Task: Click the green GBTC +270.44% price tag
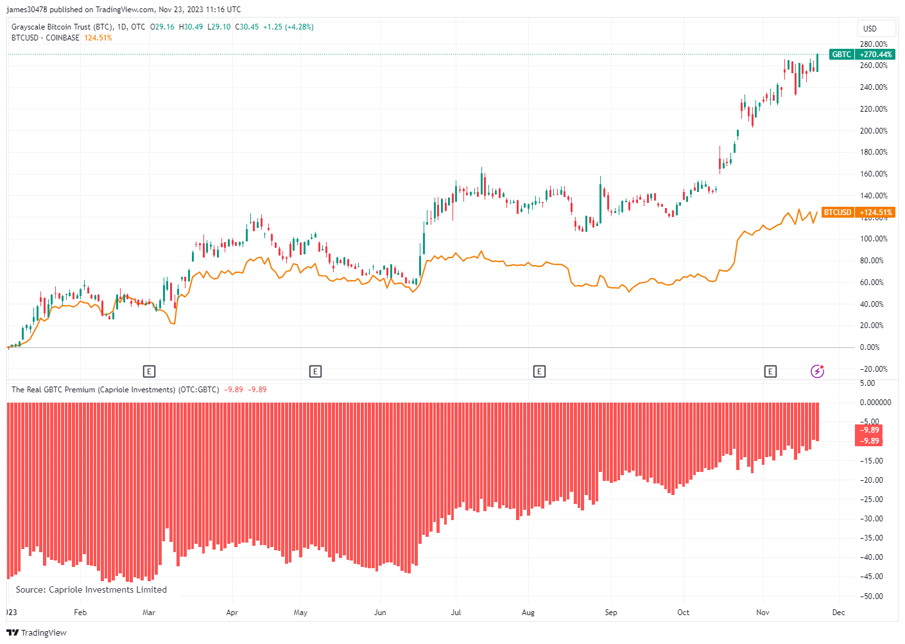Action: tap(861, 55)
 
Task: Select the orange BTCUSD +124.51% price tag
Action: tap(858, 213)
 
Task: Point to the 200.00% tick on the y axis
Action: tap(874, 131)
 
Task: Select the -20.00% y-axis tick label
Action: tap(873, 369)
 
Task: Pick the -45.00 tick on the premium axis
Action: tap(871, 577)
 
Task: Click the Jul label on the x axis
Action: tap(456, 613)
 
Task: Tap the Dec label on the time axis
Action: tap(838, 613)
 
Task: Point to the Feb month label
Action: tap(80, 613)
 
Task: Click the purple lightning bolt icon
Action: tap(817, 371)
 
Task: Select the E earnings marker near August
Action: tap(539, 371)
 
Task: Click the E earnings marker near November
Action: tap(770, 371)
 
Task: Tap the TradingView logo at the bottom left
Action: tap(37, 633)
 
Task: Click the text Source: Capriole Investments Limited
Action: tap(91, 589)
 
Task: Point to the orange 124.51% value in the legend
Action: tap(98, 38)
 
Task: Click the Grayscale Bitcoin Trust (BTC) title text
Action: tap(62, 27)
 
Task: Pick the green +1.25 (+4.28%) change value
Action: tap(288, 27)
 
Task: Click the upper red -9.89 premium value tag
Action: tap(870, 430)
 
